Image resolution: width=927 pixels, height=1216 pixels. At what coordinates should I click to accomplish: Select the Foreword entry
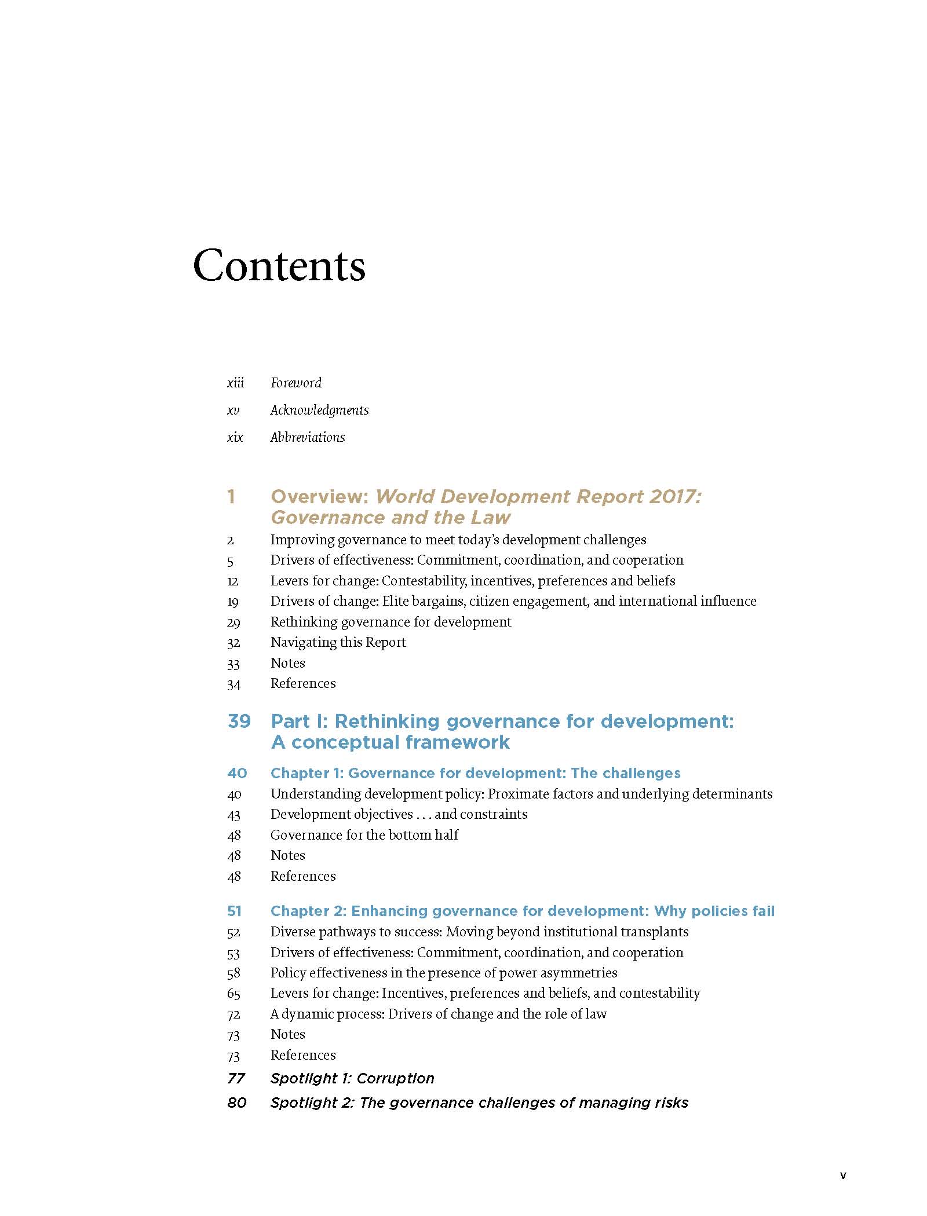[x=296, y=383]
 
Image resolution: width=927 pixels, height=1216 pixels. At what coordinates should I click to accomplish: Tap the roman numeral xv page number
[x=233, y=410]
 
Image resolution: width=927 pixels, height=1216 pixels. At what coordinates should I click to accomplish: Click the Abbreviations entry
[x=308, y=437]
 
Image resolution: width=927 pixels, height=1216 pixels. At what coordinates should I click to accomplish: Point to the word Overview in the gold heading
[x=320, y=496]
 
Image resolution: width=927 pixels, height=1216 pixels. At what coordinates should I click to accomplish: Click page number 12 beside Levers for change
[x=233, y=581]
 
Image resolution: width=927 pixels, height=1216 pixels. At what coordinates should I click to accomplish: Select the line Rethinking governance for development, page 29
[x=390, y=622]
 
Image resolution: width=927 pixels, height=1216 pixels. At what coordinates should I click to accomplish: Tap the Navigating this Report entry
[x=338, y=642]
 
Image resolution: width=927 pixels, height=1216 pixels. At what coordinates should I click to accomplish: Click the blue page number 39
[x=239, y=721]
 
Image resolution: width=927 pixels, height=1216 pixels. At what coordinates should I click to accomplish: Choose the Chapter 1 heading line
[x=475, y=773]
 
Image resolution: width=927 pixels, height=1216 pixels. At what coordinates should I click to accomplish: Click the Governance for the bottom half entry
[x=364, y=835]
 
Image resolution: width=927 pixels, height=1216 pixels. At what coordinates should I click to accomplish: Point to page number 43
[x=233, y=815]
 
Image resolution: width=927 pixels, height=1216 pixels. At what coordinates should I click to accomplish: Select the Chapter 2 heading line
[x=522, y=911]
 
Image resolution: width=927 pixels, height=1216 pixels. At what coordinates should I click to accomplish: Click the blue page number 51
[x=234, y=911]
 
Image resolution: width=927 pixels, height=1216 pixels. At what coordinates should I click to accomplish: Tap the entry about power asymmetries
[x=443, y=973]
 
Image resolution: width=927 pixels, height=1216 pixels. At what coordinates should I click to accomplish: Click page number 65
[x=233, y=994]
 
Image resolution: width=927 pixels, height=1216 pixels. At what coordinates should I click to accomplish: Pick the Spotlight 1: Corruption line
[x=352, y=1078]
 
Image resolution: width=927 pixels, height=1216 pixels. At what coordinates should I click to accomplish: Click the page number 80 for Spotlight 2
[x=237, y=1103]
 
